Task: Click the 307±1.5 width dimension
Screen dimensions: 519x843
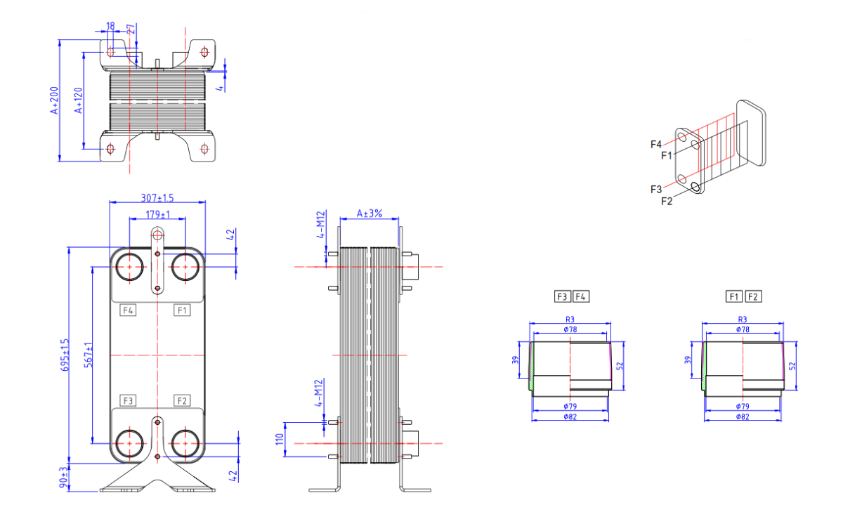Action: [157, 197]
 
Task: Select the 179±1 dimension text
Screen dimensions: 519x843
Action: [157, 214]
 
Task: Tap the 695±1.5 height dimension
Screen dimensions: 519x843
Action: [65, 355]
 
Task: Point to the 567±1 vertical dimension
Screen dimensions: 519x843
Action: [89, 355]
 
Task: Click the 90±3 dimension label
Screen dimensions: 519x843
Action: [65, 478]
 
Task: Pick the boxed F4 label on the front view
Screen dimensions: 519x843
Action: [128, 310]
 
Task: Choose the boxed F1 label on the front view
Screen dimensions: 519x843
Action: [182, 310]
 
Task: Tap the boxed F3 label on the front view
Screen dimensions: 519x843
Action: [128, 400]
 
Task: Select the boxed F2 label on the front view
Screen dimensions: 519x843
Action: [182, 400]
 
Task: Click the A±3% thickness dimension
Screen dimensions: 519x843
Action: [369, 213]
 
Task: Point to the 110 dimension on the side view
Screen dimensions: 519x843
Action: [279, 440]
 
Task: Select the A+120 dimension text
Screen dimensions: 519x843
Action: [79, 100]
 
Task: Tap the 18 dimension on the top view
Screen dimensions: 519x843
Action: [110, 26]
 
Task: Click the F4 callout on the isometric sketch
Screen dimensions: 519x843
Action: [656, 145]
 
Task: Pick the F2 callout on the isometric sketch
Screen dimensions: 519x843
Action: [667, 201]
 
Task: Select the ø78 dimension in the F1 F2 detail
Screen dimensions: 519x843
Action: [742, 329]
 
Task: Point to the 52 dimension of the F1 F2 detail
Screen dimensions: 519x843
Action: [792, 366]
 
